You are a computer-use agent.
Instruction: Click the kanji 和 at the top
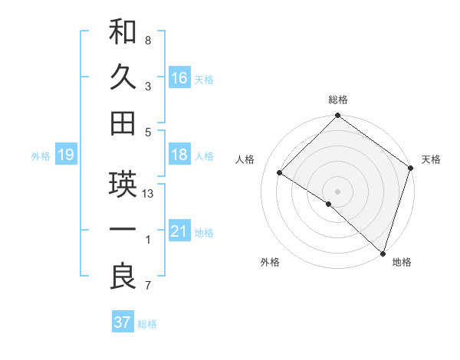123,31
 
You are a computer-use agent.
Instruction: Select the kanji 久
123,77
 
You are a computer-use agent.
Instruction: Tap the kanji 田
123,123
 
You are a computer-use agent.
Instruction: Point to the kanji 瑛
123,184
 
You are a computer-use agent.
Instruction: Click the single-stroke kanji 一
123,231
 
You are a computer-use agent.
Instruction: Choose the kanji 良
123,276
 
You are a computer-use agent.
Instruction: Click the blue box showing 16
179,77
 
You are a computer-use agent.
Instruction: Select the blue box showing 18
179,155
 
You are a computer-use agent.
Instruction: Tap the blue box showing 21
179,231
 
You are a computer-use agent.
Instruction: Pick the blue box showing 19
65,155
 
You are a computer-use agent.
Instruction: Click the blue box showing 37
122,322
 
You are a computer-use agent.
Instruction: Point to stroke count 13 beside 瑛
149,194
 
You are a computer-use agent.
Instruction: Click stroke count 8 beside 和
147,40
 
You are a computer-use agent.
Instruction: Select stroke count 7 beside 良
147,286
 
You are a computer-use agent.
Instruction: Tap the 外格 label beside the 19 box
41,156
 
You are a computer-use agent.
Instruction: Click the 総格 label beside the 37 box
147,324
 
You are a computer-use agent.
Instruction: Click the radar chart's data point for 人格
280,173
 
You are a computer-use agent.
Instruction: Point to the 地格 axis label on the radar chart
402,263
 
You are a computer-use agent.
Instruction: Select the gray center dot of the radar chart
337,191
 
